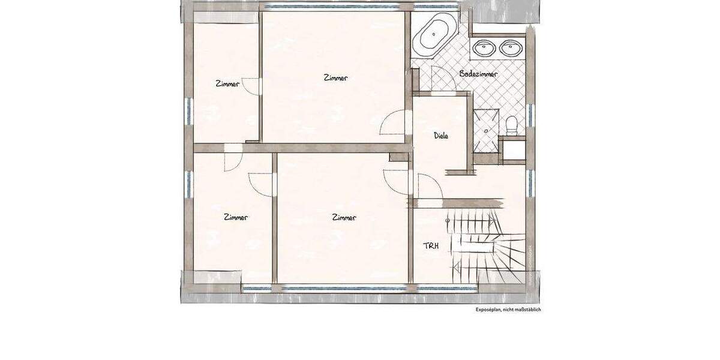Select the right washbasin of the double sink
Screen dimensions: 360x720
pos(511,47)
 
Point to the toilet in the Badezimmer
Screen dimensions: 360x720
pos(512,125)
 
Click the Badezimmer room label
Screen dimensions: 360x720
pos(478,74)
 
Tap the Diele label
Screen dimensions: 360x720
pos(441,136)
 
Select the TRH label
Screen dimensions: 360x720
pos(431,245)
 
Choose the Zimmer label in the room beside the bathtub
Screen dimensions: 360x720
pos(335,78)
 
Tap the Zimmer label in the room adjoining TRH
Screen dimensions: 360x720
pos(344,218)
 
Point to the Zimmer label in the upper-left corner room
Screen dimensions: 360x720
pos(227,84)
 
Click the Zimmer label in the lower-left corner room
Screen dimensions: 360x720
pos(235,217)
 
